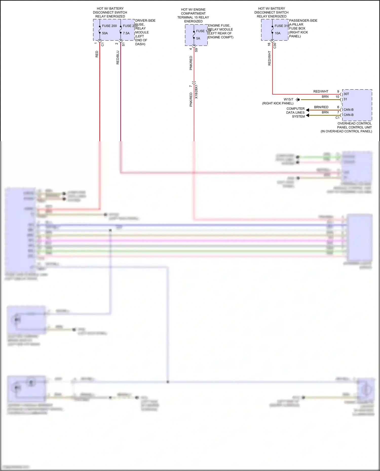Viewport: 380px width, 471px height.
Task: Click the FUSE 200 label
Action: click(x=109, y=26)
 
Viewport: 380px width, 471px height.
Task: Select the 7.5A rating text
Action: click(x=126, y=33)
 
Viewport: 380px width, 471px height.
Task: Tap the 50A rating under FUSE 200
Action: click(x=105, y=33)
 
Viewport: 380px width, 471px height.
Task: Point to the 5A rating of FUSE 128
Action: click(x=198, y=38)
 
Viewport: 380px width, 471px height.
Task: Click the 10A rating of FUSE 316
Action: click(x=278, y=33)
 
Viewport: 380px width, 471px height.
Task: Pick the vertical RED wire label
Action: click(x=97, y=54)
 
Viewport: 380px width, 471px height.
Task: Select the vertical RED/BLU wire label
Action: click(x=118, y=57)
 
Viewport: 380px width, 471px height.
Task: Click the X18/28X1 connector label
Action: click(x=196, y=92)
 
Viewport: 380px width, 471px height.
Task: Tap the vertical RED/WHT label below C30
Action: click(x=269, y=58)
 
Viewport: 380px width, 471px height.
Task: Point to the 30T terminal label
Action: click(x=346, y=94)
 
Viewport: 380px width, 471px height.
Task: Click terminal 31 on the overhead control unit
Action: click(x=345, y=99)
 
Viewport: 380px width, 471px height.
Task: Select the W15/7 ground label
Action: click(x=288, y=99)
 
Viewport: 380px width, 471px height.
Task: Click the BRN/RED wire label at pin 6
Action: click(x=321, y=107)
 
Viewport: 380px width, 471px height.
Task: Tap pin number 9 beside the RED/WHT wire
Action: click(x=338, y=91)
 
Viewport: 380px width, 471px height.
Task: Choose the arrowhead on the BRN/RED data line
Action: click(x=308, y=110)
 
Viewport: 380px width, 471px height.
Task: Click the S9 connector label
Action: click(x=196, y=50)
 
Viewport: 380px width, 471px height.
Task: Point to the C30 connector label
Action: click(x=275, y=46)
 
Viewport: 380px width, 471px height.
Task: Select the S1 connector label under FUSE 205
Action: click(x=123, y=44)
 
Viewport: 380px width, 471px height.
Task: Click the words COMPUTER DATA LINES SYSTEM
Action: click(x=295, y=113)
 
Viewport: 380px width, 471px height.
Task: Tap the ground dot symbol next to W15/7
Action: click(x=298, y=100)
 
